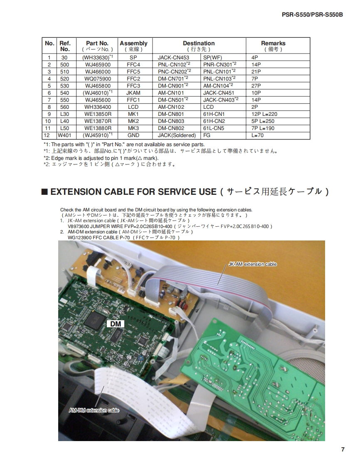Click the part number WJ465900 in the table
click(x=98, y=64)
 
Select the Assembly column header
click(x=133, y=46)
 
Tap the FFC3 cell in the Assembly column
click(x=133, y=86)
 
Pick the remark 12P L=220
click(x=264, y=114)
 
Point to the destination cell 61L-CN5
click(x=214, y=128)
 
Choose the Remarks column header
click(x=273, y=46)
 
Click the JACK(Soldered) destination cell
click(x=177, y=135)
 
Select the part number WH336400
click(x=98, y=107)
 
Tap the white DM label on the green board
click(x=116, y=324)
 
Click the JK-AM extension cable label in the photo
click(x=252, y=264)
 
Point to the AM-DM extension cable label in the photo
click(x=94, y=410)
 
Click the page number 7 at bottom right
click(x=343, y=450)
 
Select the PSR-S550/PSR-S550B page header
click(x=312, y=15)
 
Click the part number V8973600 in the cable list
click(x=78, y=226)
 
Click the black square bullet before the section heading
click(x=44, y=192)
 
